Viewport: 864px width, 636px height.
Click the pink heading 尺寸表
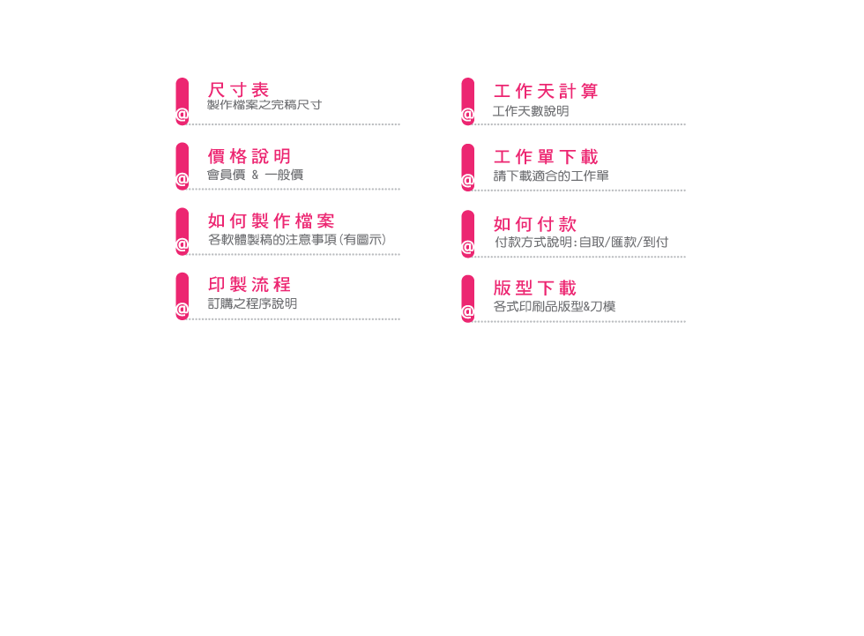tap(238, 90)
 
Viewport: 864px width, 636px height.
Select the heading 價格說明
tap(249, 156)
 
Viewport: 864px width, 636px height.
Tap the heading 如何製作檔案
tap(272, 221)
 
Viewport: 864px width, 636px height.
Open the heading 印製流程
tap(249, 284)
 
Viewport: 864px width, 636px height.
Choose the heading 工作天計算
tap(546, 91)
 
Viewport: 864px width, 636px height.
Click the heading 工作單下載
tap(546, 156)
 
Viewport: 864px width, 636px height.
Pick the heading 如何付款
tap(534, 224)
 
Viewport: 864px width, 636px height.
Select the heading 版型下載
tap(534, 288)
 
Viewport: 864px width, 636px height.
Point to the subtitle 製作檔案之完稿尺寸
tap(264, 105)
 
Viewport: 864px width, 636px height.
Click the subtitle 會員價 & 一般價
tap(255, 175)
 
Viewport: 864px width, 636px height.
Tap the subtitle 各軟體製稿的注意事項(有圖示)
tap(297, 240)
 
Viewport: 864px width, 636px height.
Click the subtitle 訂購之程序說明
tap(252, 303)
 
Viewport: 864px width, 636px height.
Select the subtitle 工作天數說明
tap(531, 111)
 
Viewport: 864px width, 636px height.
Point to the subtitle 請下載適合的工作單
tap(551, 176)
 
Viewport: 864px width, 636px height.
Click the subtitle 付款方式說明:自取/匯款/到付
tap(581, 242)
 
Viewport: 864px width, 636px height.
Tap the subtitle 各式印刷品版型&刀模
tap(555, 306)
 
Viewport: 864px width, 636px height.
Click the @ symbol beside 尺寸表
tap(182, 116)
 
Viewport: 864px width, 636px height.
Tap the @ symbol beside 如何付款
tap(468, 248)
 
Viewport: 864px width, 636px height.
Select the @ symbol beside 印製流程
tap(182, 310)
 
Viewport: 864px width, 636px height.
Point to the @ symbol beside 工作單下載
tap(468, 181)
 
